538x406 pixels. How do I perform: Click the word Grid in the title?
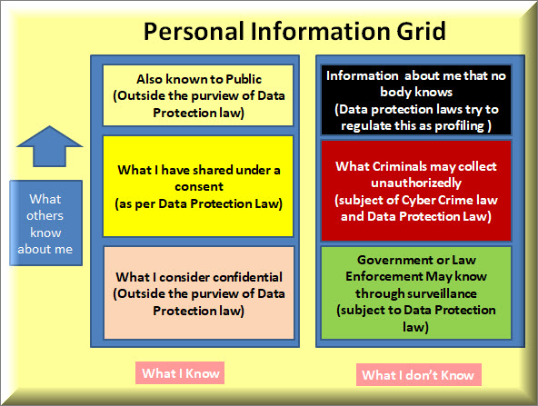pyautogui.click(x=421, y=31)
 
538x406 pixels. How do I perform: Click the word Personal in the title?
pyautogui.click(x=194, y=31)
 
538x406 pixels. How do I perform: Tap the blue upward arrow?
pyautogui.click(x=50, y=146)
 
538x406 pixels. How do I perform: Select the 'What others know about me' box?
pyautogui.click(x=46, y=223)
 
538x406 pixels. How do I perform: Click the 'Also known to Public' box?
pyautogui.click(x=198, y=95)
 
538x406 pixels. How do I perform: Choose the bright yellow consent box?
pyautogui.click(x=198, y=186)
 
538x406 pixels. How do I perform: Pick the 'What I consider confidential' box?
pyautogui.click(x=199, y=293)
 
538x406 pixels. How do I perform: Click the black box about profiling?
pyautogui.click(x=416, y=100)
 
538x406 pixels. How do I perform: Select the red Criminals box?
pyautogui.click(x=416, y=191)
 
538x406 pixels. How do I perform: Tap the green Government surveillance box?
pyautogui.click(x=416, y=293)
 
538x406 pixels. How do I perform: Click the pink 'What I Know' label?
pyautogui.click(x=180, y=373)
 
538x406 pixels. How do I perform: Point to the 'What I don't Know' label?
pyautogui.click(x=419, y=375)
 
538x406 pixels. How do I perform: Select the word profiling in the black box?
pyautogui.click(x=460, y=126)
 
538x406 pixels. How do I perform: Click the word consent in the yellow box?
pyautogui.click(x=199, y=187)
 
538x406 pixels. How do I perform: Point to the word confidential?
pyautogui.click(x=247, y=277)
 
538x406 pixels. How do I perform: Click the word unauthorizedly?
pyautogui.click(x=416, y=183)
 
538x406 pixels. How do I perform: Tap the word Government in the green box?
pyautogui.click(x=390, y=260)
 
